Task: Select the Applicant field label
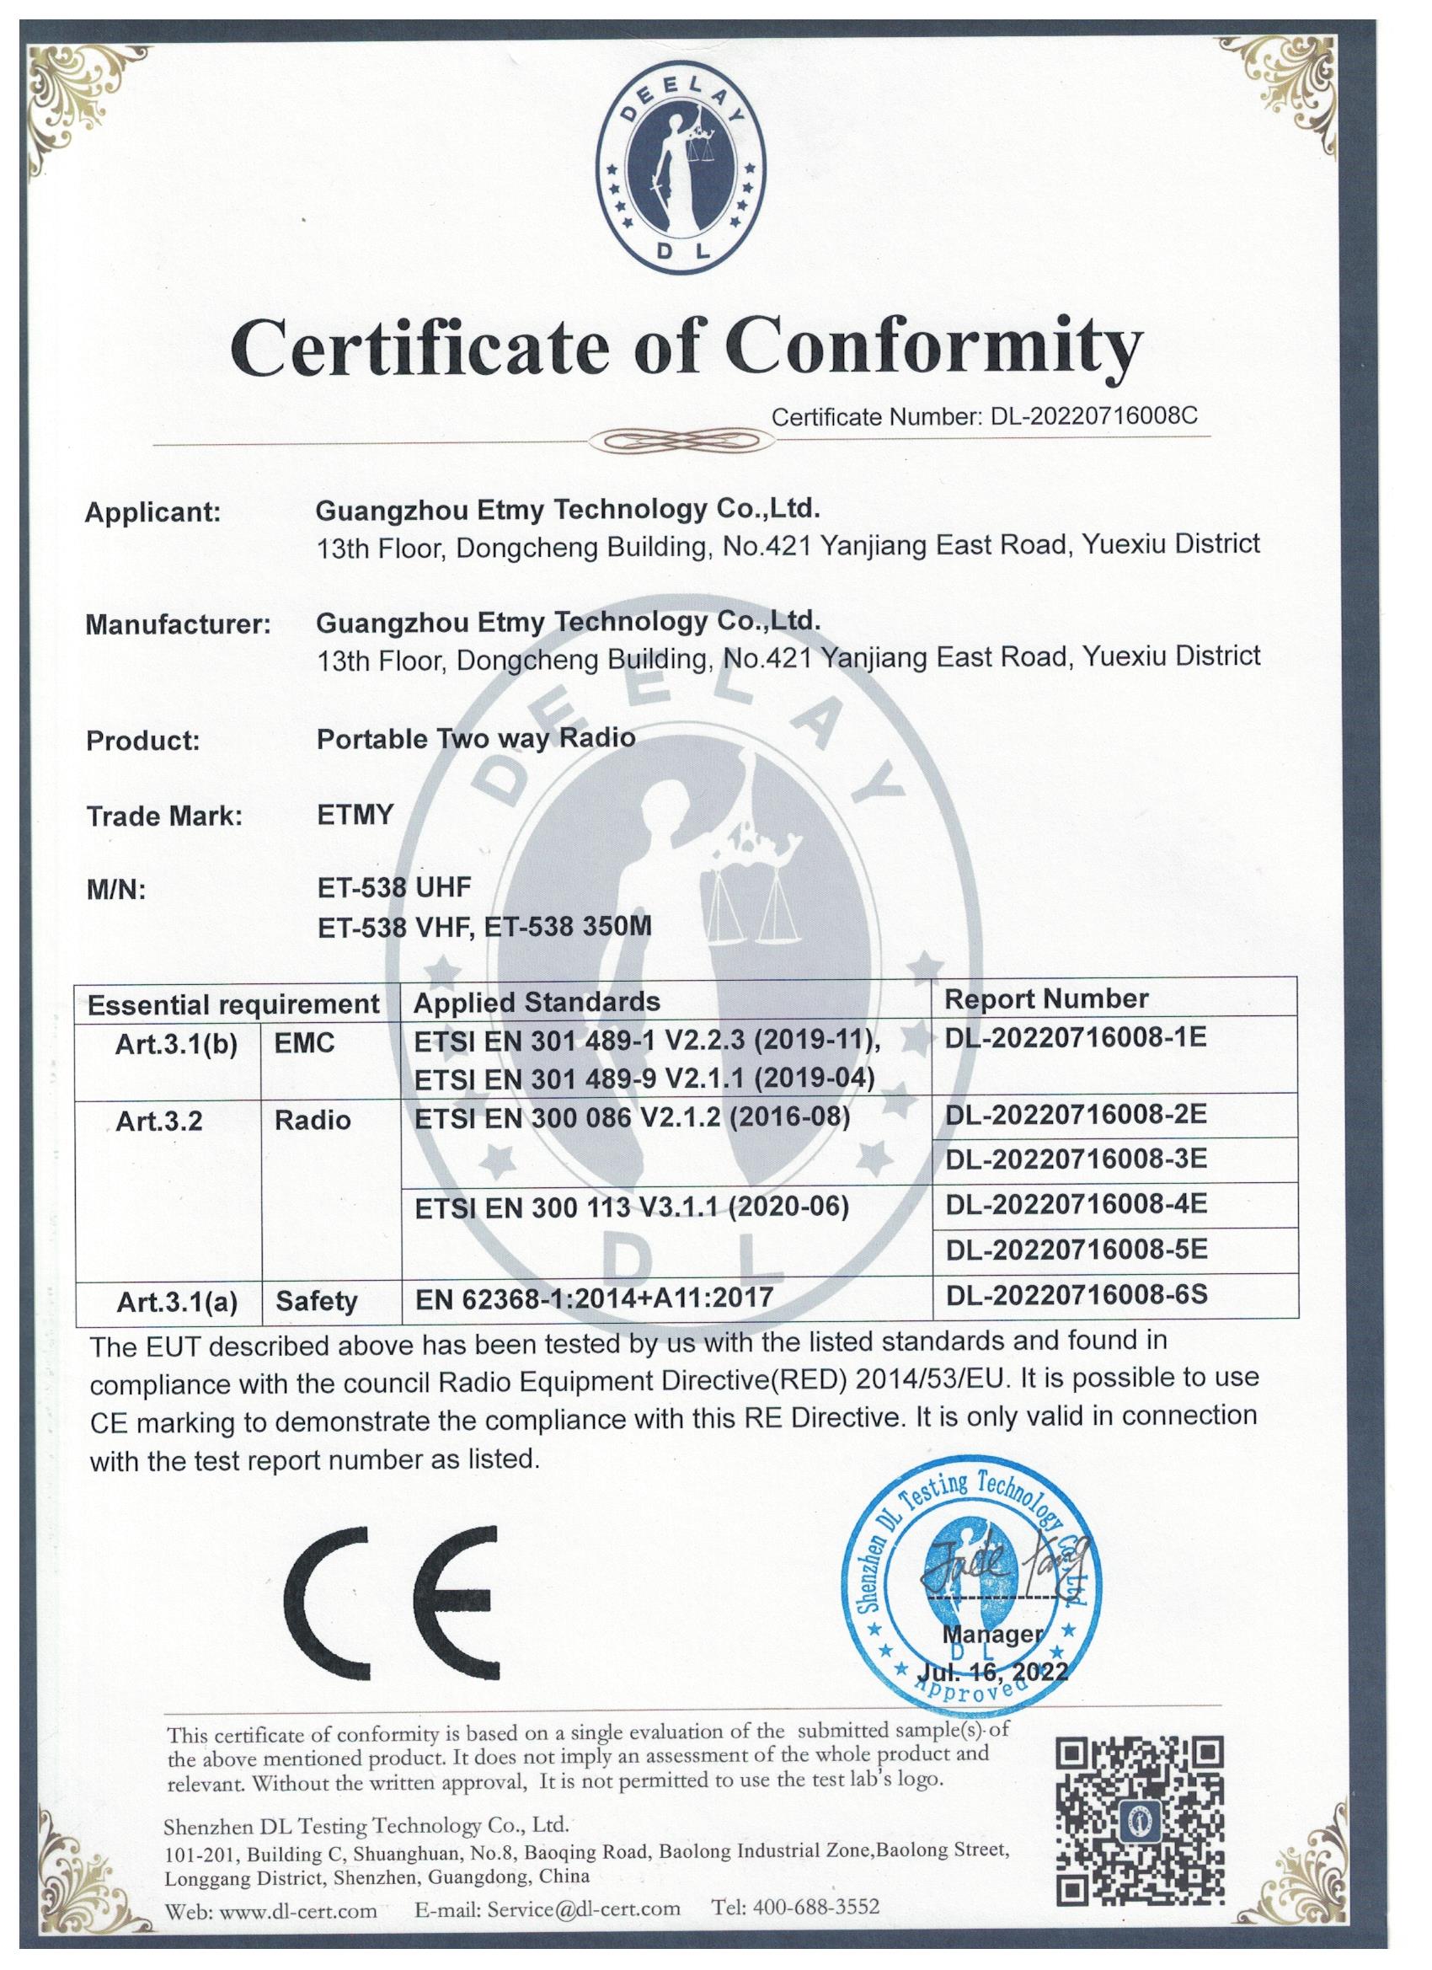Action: (152, 512)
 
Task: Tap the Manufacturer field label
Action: (178, 624)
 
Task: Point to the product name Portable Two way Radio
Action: (476, 738)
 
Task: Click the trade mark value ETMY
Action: (355, 815)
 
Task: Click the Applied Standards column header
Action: (536, 1002)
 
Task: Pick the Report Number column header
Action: (1045, 998)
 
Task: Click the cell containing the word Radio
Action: (313, 1121)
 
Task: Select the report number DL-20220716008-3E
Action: (1075, 1159)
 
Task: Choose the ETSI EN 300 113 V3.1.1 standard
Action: (631, 1207)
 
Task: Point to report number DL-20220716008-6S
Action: (1076, 1294)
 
